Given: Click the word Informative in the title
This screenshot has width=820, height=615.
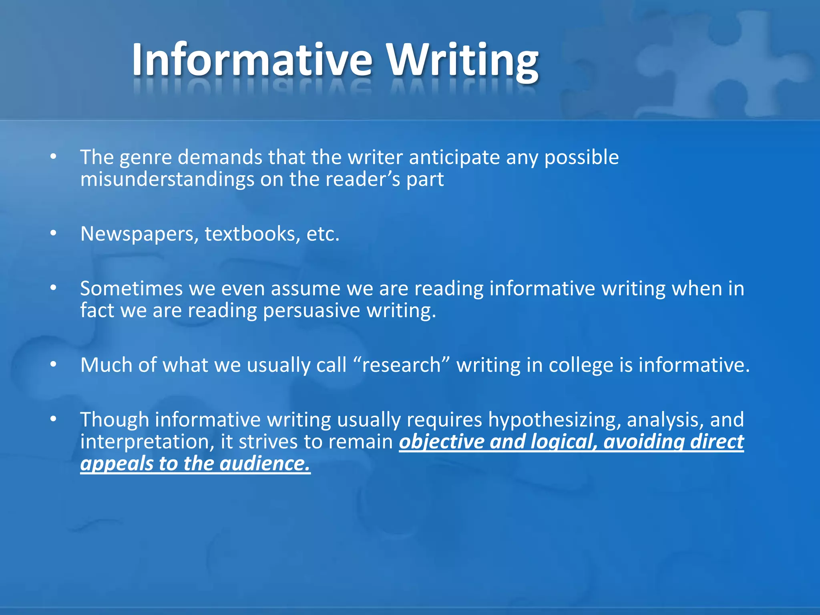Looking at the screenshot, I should [x=252, y=60].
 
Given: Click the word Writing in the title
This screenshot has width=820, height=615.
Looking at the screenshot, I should [x=462, y=60].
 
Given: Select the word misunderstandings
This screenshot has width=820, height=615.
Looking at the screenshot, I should [x=167, y=179].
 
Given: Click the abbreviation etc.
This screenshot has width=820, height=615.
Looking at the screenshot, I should [x=323, y=234].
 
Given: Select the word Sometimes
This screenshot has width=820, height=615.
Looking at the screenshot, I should [x=131, y=289].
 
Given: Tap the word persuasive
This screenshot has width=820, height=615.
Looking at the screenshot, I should [x=312, y=311].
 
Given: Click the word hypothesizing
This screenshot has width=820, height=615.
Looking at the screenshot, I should [x=554, y=420].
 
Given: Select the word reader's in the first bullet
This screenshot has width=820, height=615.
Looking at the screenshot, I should [x=363, y=179].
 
